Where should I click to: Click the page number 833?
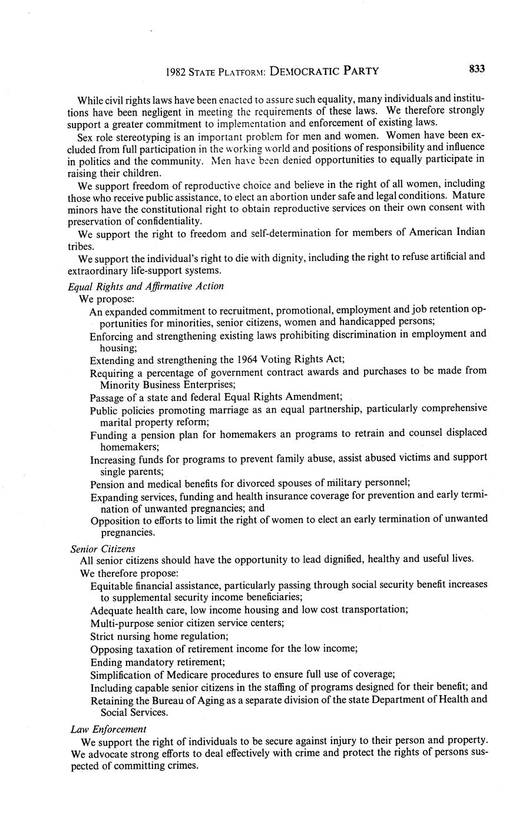pyautogui.click(x=477, y=70)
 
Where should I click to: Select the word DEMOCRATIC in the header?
pyautogui.click(x=306, y=72)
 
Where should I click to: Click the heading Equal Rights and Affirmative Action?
pyautogui.click(x=145, y=286)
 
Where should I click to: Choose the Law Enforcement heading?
pyautogui.click(x=108, y=729)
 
